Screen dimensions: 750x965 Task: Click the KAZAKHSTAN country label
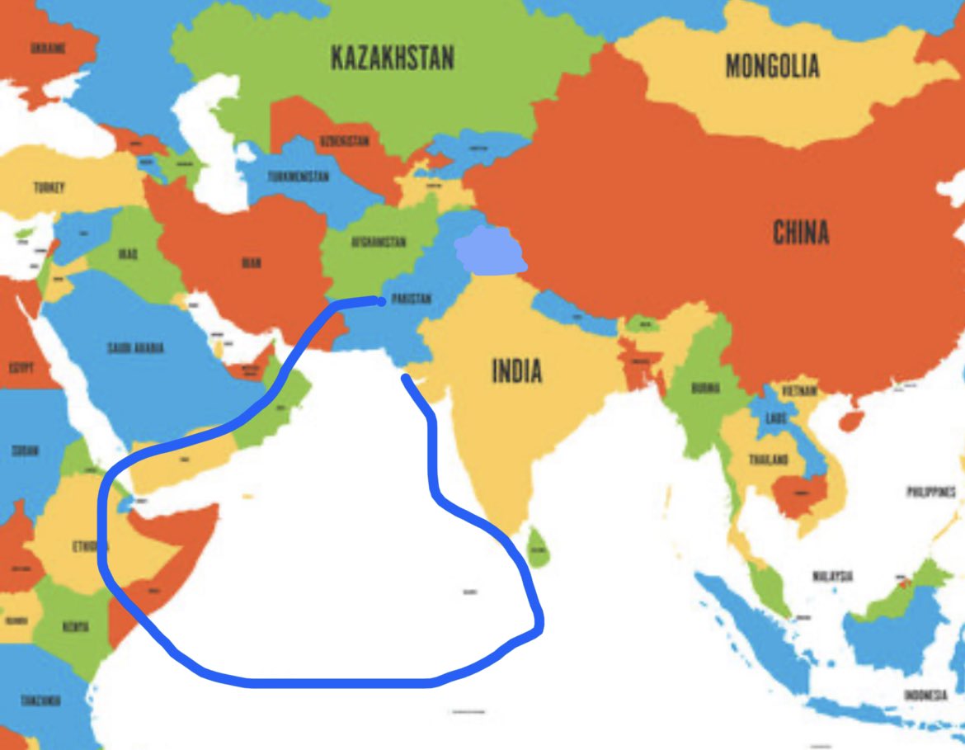[392, 59]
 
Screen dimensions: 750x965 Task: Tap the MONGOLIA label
[772, 65]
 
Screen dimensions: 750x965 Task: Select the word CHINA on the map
[800, 233]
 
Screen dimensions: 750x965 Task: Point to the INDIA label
[517, 371]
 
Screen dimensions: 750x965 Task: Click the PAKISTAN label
[409, 299]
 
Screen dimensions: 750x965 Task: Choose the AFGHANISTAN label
[379, 243]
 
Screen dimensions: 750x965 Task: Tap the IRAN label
[252, 263]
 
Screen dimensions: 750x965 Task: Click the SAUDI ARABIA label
[135, 348]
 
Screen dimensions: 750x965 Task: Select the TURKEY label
[49, 187]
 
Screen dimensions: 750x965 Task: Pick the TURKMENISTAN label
[298, 177]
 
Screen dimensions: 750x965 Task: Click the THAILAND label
[768, 460]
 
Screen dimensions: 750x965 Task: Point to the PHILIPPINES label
[931, 492]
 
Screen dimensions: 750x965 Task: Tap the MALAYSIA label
[831, 576]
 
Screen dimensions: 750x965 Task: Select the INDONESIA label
[925, 696]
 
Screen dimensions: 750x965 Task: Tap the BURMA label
[705, 388]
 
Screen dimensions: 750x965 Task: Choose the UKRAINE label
[48, 49]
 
